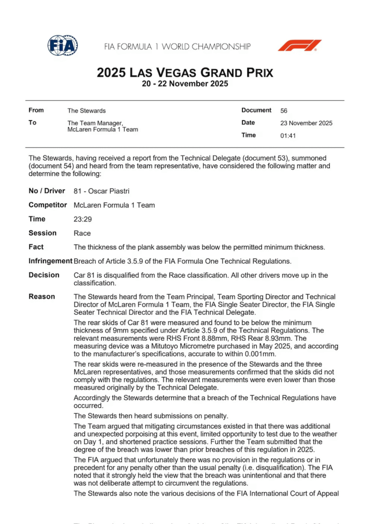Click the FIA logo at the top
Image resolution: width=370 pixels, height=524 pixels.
coord(63,46)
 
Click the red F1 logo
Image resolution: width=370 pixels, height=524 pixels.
coord(299,46)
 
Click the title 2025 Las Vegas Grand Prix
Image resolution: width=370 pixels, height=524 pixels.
coord(185,72)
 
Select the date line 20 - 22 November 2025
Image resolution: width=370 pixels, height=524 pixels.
coord(185,84)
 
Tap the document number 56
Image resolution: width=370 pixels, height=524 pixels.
coord(284,111)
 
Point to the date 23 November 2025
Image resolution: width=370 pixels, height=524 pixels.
coord(306,123)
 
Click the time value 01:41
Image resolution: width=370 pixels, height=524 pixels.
coord(288,136)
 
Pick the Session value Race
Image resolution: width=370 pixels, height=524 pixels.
coord(82,233)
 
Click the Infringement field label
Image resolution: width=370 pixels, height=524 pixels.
coord(51,261)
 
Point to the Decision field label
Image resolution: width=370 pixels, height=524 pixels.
coord(44,275)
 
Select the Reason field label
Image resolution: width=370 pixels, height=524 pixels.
coord(42,297)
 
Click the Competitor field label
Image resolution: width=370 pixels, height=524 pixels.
coord(48,205)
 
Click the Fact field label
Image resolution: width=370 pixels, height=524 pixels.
coord(36,247)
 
